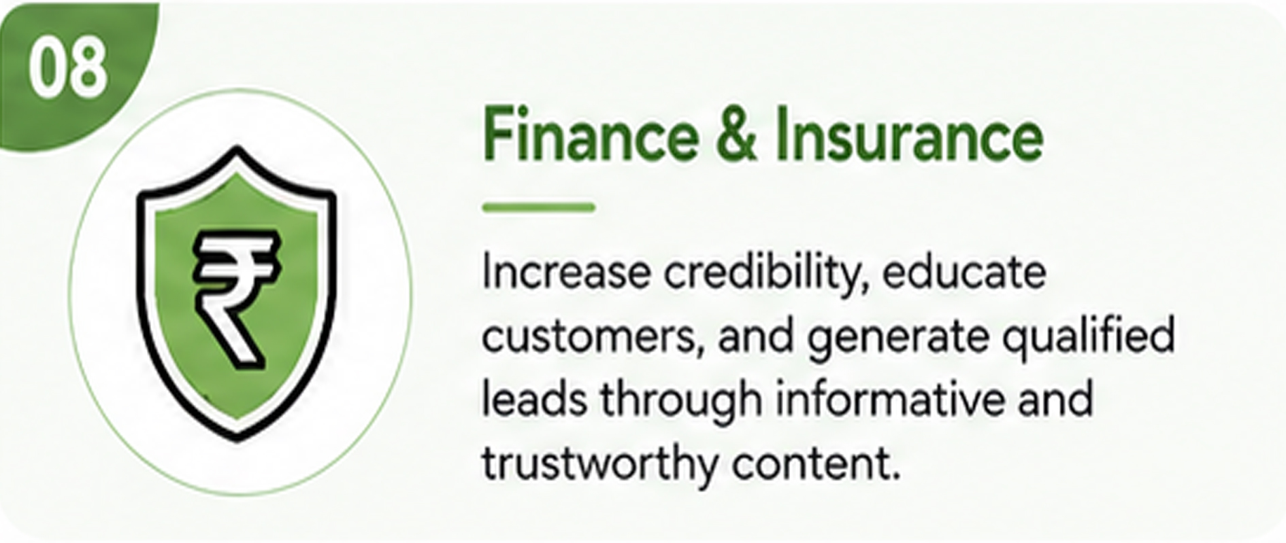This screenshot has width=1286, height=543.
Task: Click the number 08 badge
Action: (68, 69)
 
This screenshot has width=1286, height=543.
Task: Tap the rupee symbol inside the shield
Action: (235, 298)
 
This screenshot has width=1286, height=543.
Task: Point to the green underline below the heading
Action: (539, 207)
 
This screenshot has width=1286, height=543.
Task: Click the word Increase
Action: (566, 273)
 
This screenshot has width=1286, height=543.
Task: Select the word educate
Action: (965, 273)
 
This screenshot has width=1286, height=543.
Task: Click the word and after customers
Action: (756, 336)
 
